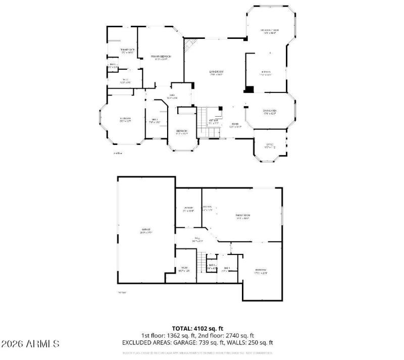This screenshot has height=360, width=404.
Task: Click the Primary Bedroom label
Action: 160,58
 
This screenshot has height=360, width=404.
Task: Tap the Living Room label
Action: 217,73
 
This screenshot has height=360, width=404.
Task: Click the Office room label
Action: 271,146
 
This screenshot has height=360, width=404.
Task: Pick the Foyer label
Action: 235,125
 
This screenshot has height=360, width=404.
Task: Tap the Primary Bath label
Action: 126,50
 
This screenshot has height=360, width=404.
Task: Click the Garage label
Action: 145,231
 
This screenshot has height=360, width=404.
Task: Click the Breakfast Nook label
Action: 270,31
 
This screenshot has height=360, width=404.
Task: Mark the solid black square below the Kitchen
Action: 249,89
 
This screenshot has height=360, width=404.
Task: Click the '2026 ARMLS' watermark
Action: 30,344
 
